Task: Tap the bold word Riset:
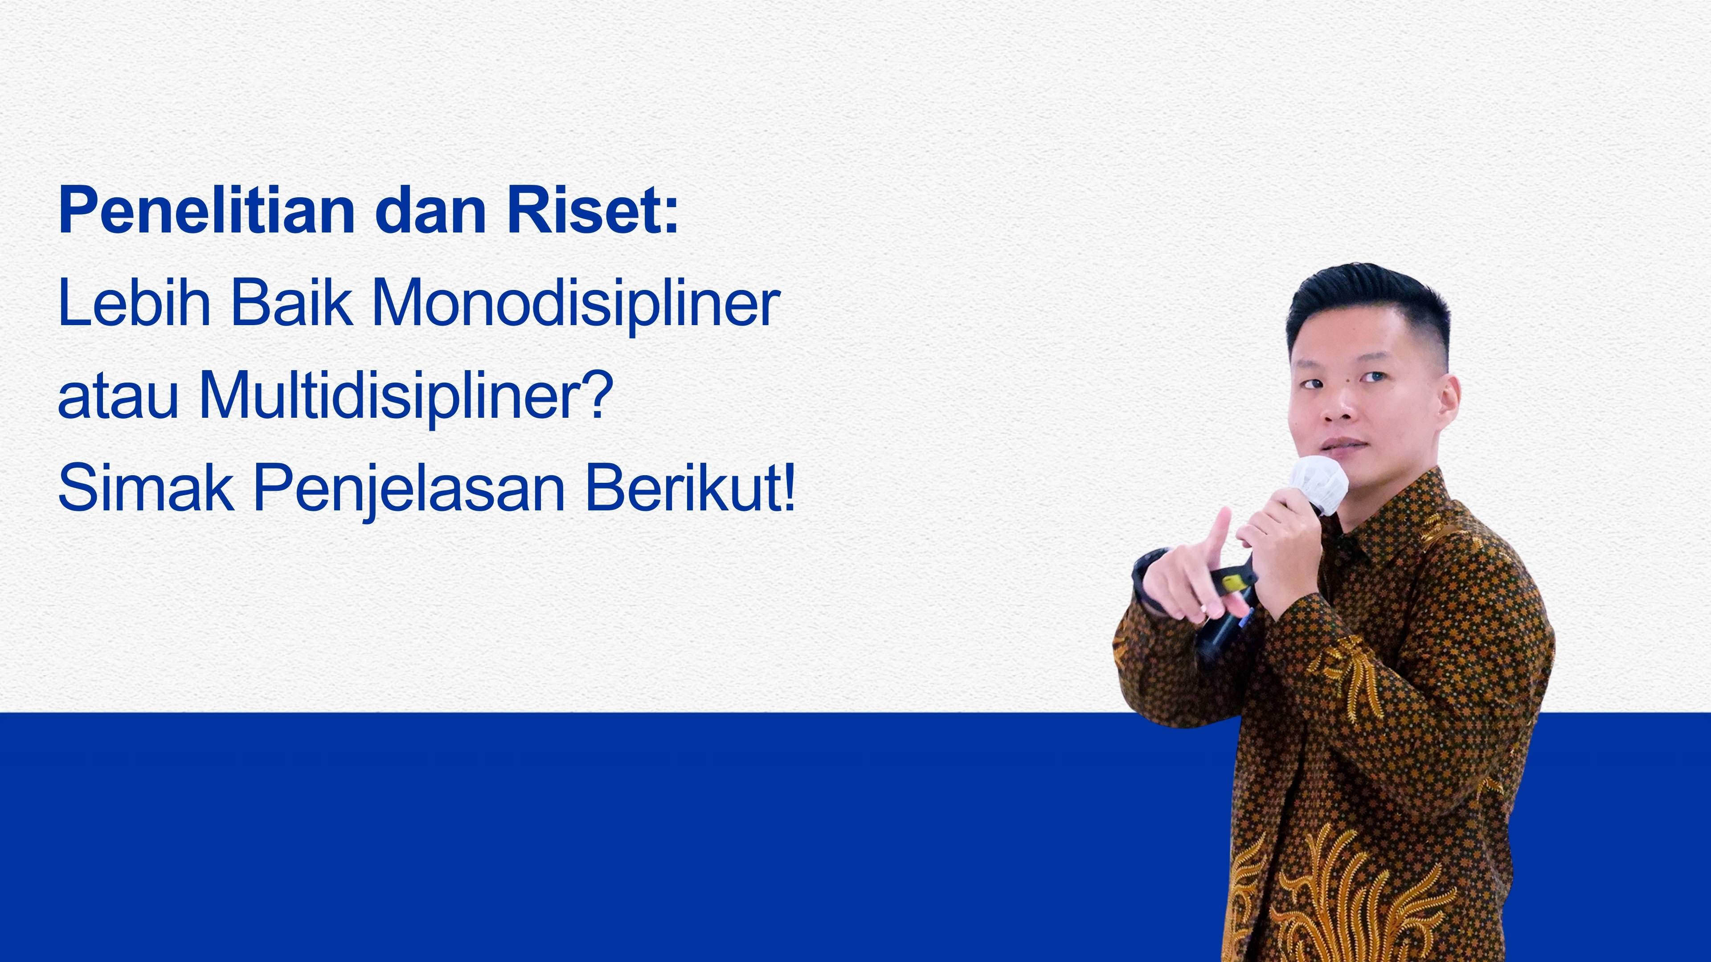[x=593, y=211]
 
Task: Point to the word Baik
[x=291, y=303]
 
